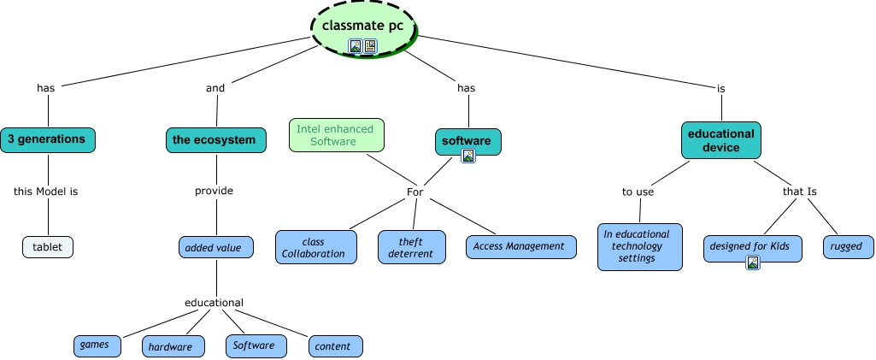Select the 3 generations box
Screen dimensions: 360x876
47,139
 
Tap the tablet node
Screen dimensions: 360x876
48,247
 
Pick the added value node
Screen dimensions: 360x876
215,248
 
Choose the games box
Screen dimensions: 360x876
95,345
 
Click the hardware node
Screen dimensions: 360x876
173,346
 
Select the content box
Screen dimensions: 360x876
335,346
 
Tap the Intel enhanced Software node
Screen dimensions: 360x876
336,135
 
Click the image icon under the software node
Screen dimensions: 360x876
467,156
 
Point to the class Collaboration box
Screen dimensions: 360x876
315,246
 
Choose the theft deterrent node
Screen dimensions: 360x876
412,247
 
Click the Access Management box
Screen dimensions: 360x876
520,246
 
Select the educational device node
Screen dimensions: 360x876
721,140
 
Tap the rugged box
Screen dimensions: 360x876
847,247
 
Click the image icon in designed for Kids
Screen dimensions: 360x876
753,263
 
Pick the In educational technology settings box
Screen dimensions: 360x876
640,246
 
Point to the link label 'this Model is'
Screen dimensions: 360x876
46,192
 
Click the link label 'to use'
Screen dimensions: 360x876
638,192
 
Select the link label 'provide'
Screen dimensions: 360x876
215,191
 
